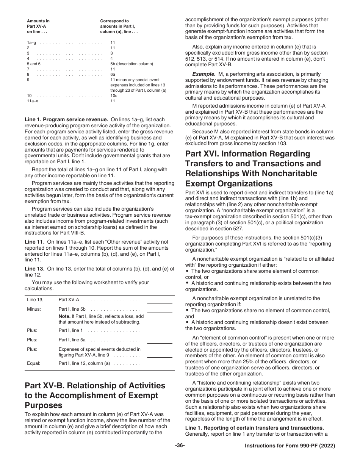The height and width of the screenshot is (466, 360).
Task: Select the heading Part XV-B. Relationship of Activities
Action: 95,386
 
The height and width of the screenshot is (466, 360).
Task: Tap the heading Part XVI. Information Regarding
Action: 247,154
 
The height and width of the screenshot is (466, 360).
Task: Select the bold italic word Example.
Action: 203,74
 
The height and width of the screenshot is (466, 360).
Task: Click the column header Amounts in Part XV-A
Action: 38,26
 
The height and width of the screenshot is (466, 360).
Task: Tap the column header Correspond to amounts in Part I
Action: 119,26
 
